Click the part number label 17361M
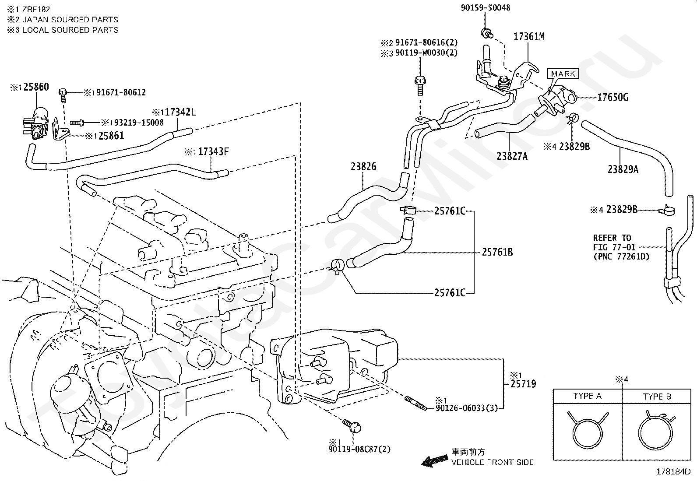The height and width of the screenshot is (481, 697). tap(528, 37)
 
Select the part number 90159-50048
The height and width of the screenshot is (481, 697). tap(485, 8)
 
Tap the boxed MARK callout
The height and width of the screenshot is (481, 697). tap(563, 74)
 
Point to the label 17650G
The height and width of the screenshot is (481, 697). tap(613, 97)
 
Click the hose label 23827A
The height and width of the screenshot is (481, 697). tap(512, 156)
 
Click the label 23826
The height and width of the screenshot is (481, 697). tap(363, 167)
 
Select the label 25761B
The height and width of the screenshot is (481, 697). tap(497, 252)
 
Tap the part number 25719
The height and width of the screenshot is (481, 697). tap(523, 384)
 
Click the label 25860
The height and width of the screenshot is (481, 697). tap(36, 87)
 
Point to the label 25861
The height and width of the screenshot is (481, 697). tap(111, 136)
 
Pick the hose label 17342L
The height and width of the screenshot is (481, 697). tap(180, 112)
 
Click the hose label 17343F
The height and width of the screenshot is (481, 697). tap(213, 152)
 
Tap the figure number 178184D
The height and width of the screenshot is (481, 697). tap(672, 472)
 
